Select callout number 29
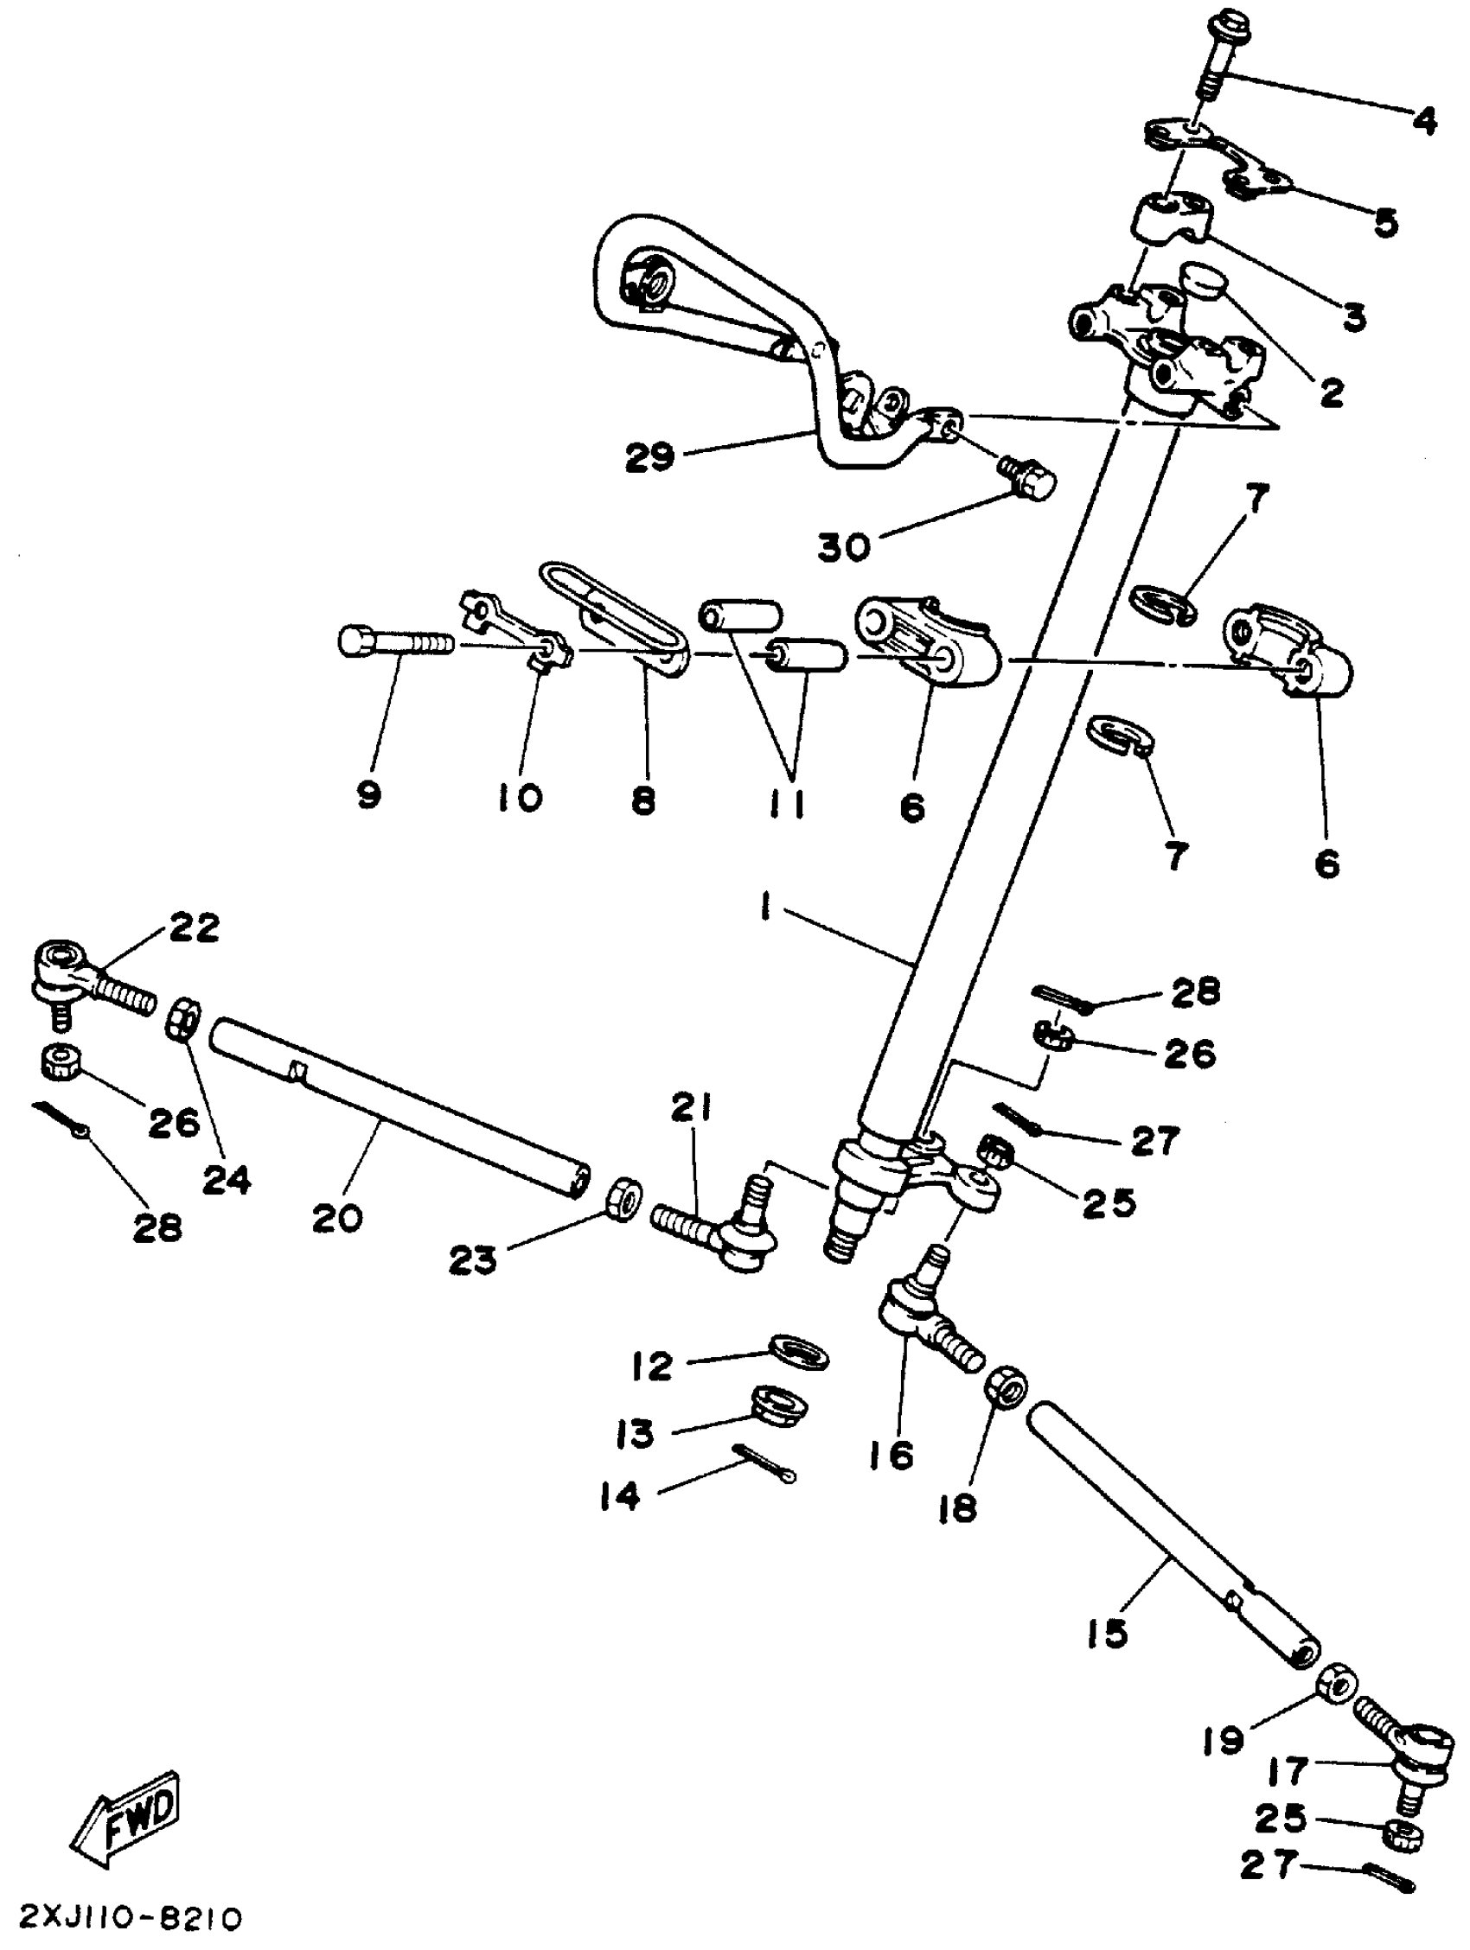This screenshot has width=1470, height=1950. (650, 456)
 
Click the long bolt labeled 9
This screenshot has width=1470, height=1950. (393, 643)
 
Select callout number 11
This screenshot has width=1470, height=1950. (787, 803)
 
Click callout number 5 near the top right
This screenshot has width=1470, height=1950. (1385, 222)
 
